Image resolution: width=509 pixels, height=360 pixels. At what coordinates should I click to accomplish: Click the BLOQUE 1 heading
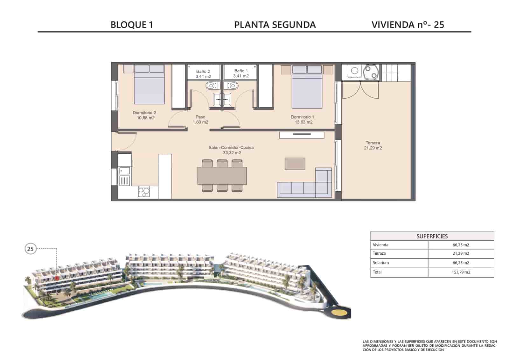pos(132,25)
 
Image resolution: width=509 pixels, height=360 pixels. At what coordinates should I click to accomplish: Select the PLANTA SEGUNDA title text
pos(275,25)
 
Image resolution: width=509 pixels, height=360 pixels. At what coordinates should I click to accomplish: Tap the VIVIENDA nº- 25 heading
pos(408,25)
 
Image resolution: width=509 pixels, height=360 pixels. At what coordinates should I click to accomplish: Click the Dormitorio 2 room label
pos(144,113)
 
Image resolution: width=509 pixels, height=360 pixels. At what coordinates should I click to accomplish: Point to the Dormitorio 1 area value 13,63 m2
pos(303,122)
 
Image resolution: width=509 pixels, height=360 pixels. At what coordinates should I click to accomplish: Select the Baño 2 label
pos(203,71)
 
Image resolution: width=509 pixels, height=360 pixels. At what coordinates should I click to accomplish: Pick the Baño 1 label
pos(241,71)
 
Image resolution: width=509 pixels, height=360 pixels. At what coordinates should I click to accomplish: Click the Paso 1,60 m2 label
pos(200,120)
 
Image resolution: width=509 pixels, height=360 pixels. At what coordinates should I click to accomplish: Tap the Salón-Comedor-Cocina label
pos(231,148)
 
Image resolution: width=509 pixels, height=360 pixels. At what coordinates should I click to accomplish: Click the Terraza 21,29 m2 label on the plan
pos(373,145)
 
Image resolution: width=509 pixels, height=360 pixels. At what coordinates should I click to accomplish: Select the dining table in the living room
pos(222,176)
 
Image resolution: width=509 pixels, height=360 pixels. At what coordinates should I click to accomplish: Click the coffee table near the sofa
pos(295,164)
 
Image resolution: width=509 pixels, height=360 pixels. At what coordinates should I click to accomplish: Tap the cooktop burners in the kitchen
pos(144,192)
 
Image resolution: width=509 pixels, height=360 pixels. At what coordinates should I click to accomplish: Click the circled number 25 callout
pos(30,249)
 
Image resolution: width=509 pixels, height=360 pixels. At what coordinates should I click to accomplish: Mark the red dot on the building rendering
pos(57,278)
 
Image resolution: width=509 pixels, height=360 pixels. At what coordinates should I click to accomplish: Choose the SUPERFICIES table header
pos(432,236)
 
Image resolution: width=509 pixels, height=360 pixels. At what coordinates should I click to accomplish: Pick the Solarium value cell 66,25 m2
pos(461,263)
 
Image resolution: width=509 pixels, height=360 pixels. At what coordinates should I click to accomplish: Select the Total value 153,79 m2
pos(461,272)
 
